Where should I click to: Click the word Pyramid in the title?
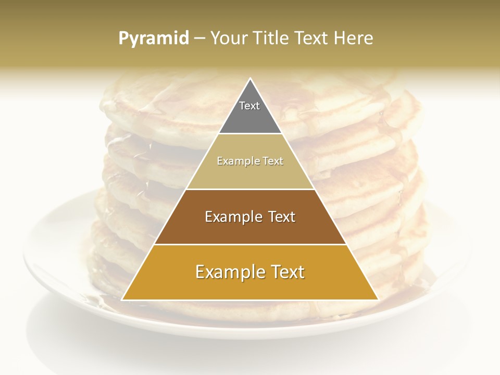tap(154, 39)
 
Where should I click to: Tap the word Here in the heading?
tap(354, 38)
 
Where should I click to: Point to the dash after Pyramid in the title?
tap(199, 39)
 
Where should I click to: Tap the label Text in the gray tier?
tap(249, 106)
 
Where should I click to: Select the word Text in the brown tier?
tap(282, 217)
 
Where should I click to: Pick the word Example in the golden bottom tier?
tap(230, 272)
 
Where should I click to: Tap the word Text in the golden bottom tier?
tap(288, 272)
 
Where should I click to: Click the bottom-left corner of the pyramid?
tap(123, 299)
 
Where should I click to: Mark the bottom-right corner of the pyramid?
tap(378, 299)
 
